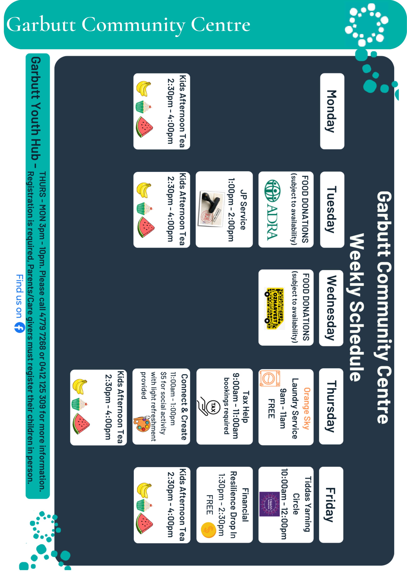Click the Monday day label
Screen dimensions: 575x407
point(332,111)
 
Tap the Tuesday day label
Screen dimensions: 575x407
point(332,210)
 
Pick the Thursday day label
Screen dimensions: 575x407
point(331,406)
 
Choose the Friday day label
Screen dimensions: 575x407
point(331,505)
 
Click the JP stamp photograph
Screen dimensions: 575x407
point(211,209)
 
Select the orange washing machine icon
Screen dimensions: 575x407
point(270,378)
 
